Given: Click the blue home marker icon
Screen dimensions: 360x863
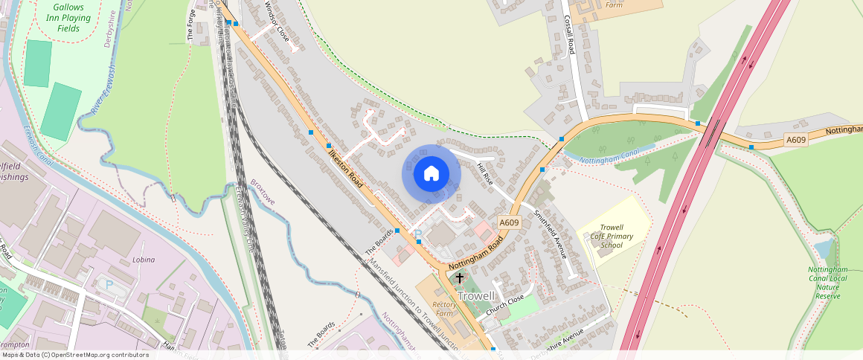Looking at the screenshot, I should pos(431,174).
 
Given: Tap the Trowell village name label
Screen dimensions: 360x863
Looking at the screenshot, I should pos(476,296).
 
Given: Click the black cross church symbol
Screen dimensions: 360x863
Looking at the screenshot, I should pos(460,279).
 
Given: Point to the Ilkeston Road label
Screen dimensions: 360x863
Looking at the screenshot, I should pos(349,167).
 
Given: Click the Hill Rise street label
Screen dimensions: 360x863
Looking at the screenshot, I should pos(484,173).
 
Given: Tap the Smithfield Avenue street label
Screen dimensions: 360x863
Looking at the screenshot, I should pos(551,234).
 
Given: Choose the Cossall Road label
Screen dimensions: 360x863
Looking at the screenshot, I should pos(571,35).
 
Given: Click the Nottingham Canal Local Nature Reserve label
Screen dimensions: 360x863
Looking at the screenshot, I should pos(827,283).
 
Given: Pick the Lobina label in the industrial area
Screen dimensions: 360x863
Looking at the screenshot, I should pos(143,260).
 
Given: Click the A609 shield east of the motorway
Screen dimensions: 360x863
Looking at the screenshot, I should pos(796,140).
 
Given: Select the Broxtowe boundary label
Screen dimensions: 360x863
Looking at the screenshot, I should pos(263,192).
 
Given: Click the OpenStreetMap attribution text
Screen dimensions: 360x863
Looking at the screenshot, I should pos(75,355).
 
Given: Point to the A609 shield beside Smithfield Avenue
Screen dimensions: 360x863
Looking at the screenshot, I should pos(509,222).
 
